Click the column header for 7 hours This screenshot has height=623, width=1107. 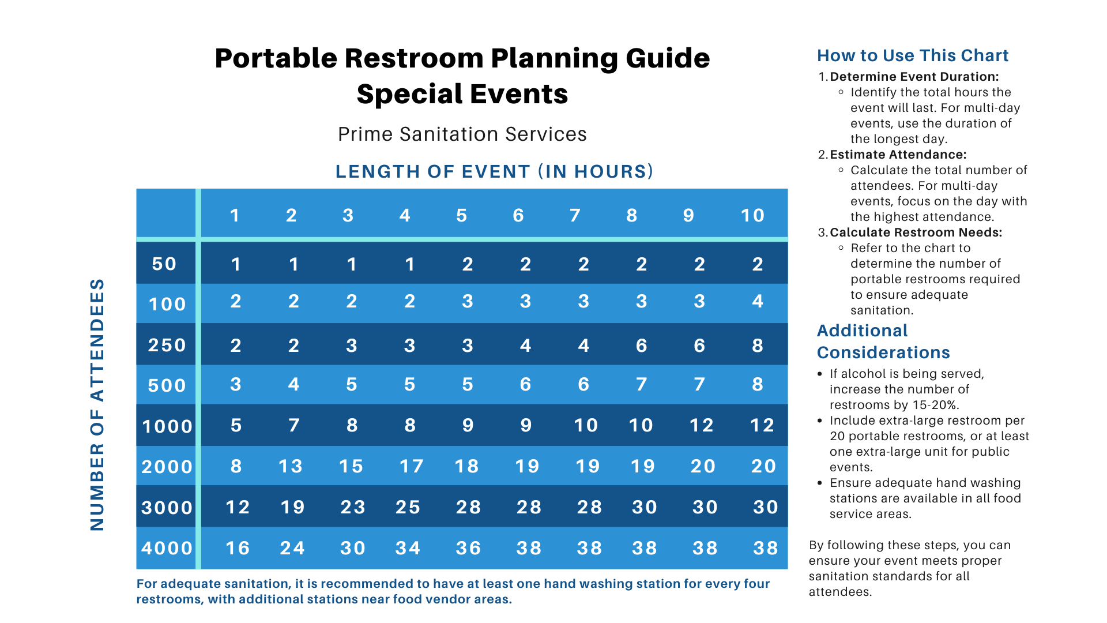point(575,215)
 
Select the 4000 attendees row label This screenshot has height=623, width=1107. point(167,548)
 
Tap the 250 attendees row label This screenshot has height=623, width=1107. point(167,345)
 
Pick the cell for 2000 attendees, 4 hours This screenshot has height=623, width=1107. point(412,466)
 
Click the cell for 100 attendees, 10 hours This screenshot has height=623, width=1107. point(758,301)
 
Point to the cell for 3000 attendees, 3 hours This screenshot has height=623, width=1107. point(353,507)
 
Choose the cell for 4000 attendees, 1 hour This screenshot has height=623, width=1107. point(238,548)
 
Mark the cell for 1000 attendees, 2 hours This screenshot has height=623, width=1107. point(294,425)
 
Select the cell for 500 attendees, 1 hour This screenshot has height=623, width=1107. point(236,384)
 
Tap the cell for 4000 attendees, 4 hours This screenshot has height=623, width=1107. point(408,548)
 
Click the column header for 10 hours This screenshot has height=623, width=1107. point(752,215)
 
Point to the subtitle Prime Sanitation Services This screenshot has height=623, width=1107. point(462,134)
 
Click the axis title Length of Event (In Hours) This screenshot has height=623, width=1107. point(495,171)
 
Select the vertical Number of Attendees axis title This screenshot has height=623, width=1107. point(97,404)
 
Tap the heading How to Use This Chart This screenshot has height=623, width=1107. point(913,55)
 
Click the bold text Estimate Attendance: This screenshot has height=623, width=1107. point(898,155)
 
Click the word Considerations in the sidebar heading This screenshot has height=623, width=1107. point(883,352)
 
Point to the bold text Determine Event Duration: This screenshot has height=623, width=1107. point(914,77)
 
